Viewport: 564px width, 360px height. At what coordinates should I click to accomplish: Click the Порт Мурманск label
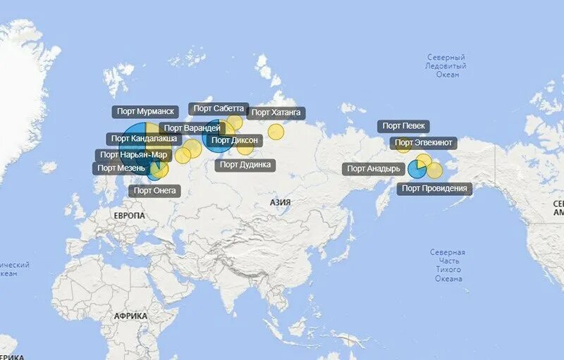[x=145, y=111]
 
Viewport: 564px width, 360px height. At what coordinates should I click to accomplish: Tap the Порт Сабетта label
[x=219, y=108]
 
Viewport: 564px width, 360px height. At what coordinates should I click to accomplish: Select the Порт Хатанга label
[x=277, y=112]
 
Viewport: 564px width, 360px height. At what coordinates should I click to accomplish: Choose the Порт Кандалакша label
[x=144, y=139]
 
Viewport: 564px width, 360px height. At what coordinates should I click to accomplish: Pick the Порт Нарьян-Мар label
[x=133, y=155]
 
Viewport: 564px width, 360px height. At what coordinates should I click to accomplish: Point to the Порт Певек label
[x=404, y=126]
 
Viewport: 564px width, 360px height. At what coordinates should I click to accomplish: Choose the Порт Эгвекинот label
[x=424, y=143]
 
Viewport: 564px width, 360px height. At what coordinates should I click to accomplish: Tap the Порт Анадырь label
[x=374, y=168]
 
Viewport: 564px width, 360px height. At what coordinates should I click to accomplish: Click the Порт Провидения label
[x=434, y=188]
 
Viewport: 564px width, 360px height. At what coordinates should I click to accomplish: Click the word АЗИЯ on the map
[x=280, y=202]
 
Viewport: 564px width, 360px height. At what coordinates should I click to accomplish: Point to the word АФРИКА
[x=130, y=316]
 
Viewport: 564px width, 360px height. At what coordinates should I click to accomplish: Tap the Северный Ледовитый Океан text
[x=447, y=66]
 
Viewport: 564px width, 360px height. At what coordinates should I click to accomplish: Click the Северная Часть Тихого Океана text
[x=448, y=265]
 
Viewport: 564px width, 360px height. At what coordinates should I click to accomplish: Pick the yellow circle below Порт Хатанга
[x=276, y=132]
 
